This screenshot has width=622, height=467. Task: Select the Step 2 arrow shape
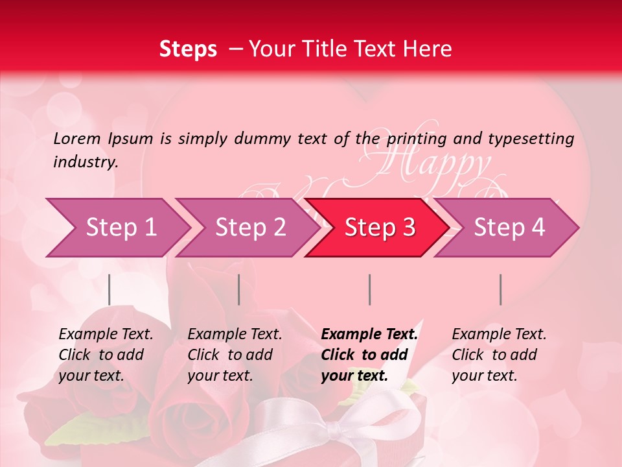coord(249,228)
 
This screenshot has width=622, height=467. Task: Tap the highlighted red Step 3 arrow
coord(379,228)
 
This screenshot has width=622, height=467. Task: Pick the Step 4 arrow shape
coord(509,228)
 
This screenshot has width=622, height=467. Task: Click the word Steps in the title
coord(188,49)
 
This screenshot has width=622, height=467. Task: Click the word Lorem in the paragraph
coord(77,138)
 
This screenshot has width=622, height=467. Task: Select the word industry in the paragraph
coord(85,162)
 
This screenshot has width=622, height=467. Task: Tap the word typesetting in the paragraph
coord(531,139)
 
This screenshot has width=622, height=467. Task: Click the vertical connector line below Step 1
coord(109,289)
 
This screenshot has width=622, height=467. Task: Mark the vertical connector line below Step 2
coord(239,289)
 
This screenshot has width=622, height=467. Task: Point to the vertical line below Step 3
coord(369,289)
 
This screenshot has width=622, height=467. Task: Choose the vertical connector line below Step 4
coord(500,289)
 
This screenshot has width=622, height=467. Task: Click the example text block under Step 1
coord(106,355)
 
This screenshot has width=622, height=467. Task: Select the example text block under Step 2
coord(235,355)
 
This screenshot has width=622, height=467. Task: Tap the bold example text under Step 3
coord(369,355)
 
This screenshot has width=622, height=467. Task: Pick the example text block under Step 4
coord(499,355)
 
